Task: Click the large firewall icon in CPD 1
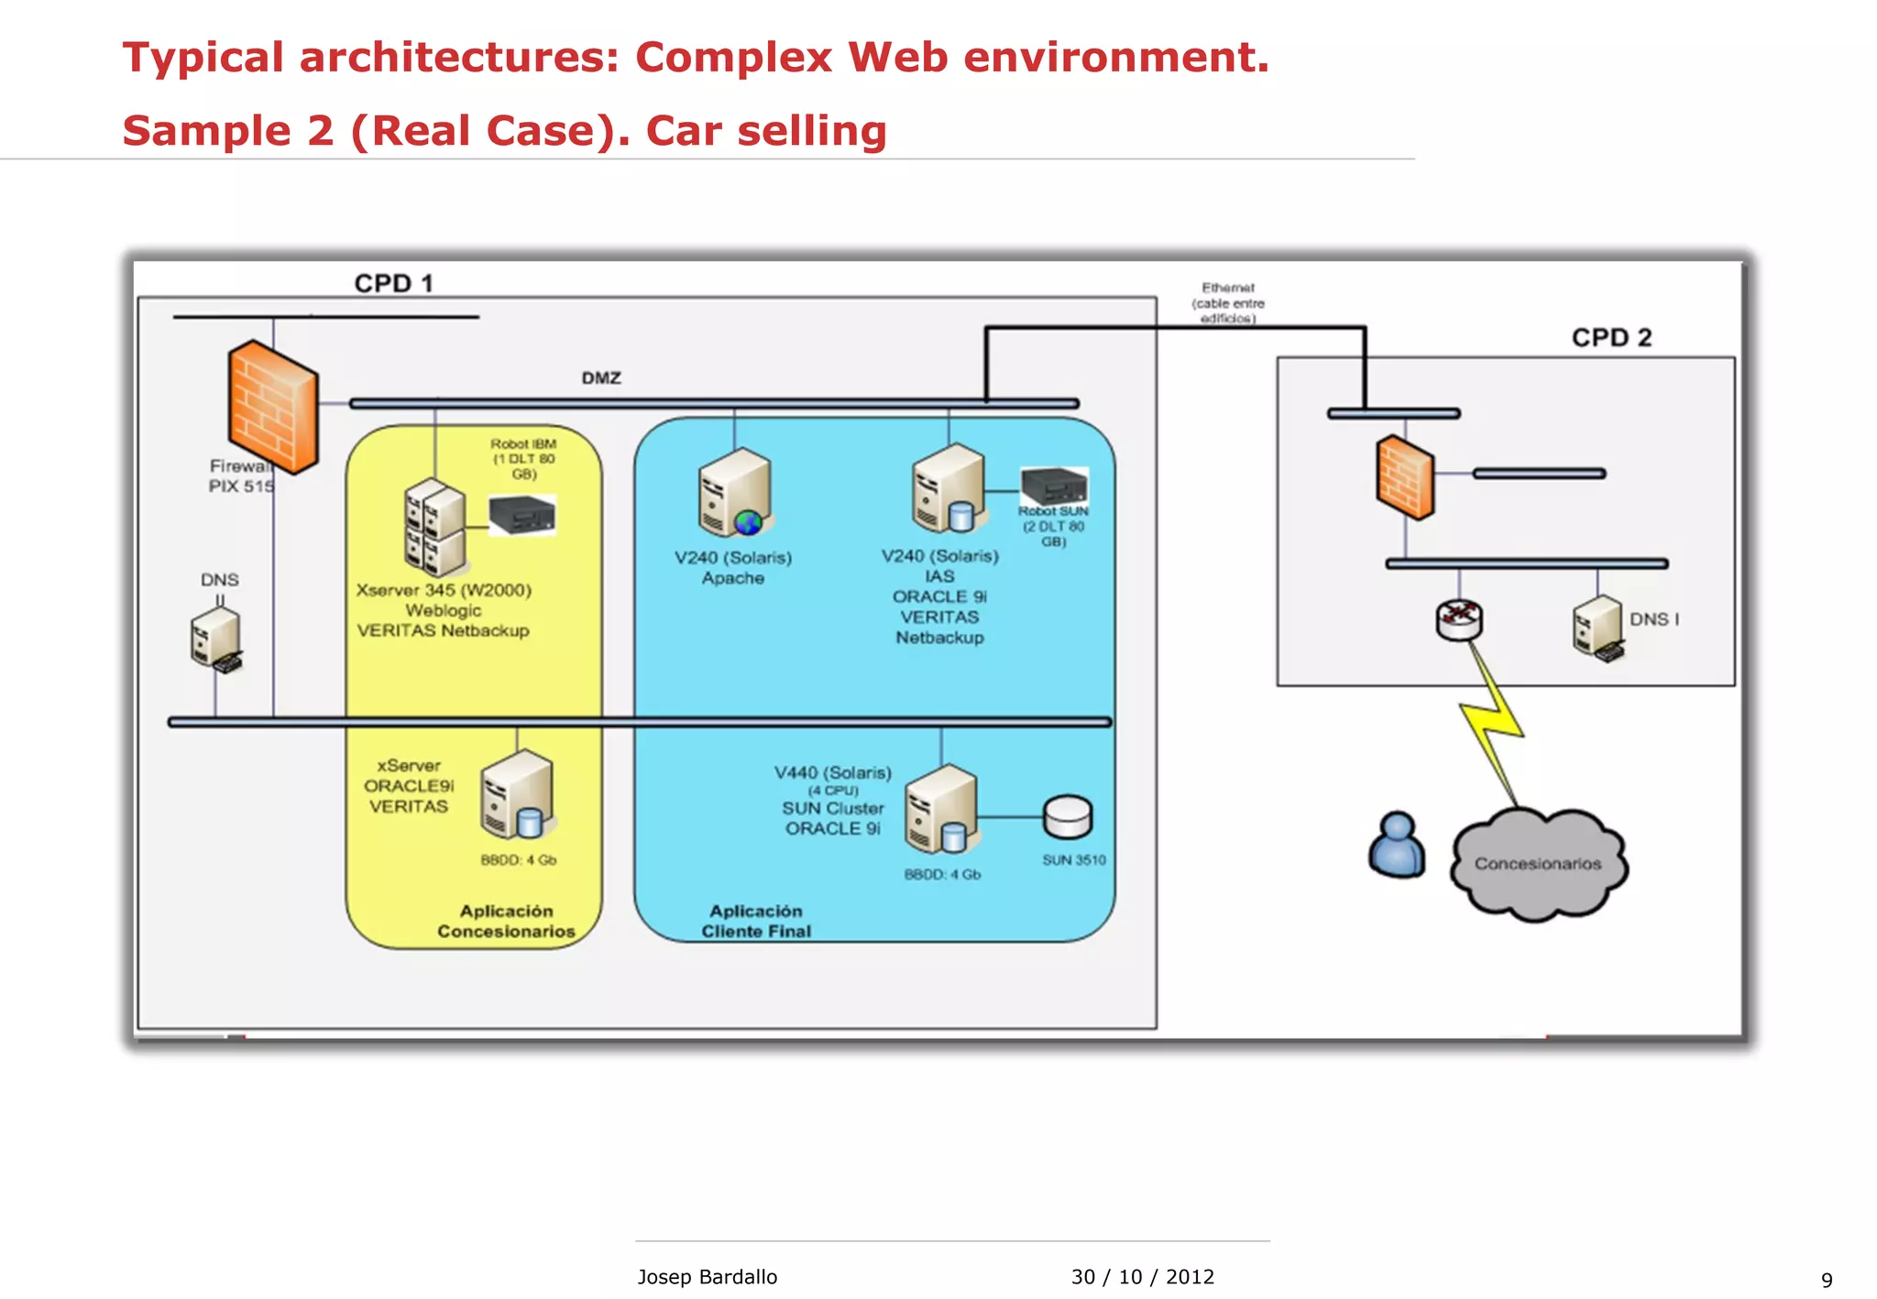click(x=273, y=406)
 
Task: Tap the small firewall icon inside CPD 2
click(x=1404, y=477)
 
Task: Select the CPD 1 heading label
click(x=393, y=283)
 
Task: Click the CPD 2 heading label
click(x=1610, y=337)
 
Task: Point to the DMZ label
click(x=601, y=377)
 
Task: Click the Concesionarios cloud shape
click(x=1537, y=863)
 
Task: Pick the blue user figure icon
click(x=1396, y=845)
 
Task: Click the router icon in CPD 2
click(x=1458, y=620)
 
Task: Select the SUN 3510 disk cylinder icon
click(x=1067, y=816)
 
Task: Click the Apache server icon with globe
click(x=735, y=492)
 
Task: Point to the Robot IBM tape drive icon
click(x=521, y=515)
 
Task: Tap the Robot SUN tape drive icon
click(x=1054, y=485)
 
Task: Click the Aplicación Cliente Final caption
click(x=756, y=921)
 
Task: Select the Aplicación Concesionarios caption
click(x=506, y=921)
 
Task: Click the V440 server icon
click(x=941, y=809)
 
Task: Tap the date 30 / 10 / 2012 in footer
click(x=1142, y=1276)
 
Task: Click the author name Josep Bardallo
click(x=707, y=1276)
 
